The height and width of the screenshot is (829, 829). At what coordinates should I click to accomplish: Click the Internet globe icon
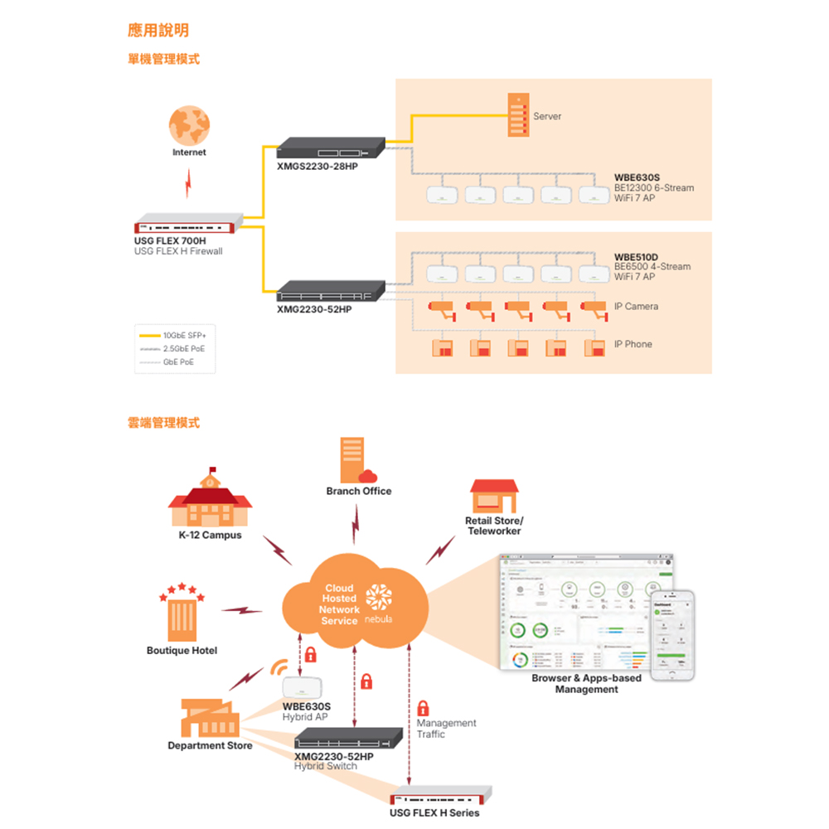(x=189, y=124)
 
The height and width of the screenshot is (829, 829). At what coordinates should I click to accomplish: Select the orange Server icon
(x=517, y=115)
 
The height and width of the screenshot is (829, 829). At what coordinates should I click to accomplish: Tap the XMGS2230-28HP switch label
(x=318, y=167)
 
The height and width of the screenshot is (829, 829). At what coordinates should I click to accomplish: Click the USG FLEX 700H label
(x=169, y=240)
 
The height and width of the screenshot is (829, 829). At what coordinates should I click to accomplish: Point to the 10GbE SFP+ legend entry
(x=184, y=336)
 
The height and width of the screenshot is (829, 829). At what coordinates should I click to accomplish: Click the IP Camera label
(x=636, y=307)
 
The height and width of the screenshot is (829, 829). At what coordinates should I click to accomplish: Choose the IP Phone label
(x=633, y=344)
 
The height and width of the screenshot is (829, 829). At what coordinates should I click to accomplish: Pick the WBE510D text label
(x=635, y=256)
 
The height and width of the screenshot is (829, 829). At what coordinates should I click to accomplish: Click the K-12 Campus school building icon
(x=210, y=501)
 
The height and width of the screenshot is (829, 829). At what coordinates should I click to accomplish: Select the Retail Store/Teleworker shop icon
(x=493, y=496)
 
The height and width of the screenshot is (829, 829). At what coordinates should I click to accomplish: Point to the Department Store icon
(x=210, y=717)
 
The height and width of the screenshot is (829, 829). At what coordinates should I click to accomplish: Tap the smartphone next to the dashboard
(x=671, y=635)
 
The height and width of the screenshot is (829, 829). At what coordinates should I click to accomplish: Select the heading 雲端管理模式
(x=163, y=423)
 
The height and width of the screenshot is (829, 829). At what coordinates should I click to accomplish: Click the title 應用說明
(x=158, y=31)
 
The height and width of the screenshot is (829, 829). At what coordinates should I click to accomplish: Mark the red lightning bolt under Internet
(x=189, y=183)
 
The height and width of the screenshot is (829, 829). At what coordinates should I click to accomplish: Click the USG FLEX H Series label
(x=434, y=812)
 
